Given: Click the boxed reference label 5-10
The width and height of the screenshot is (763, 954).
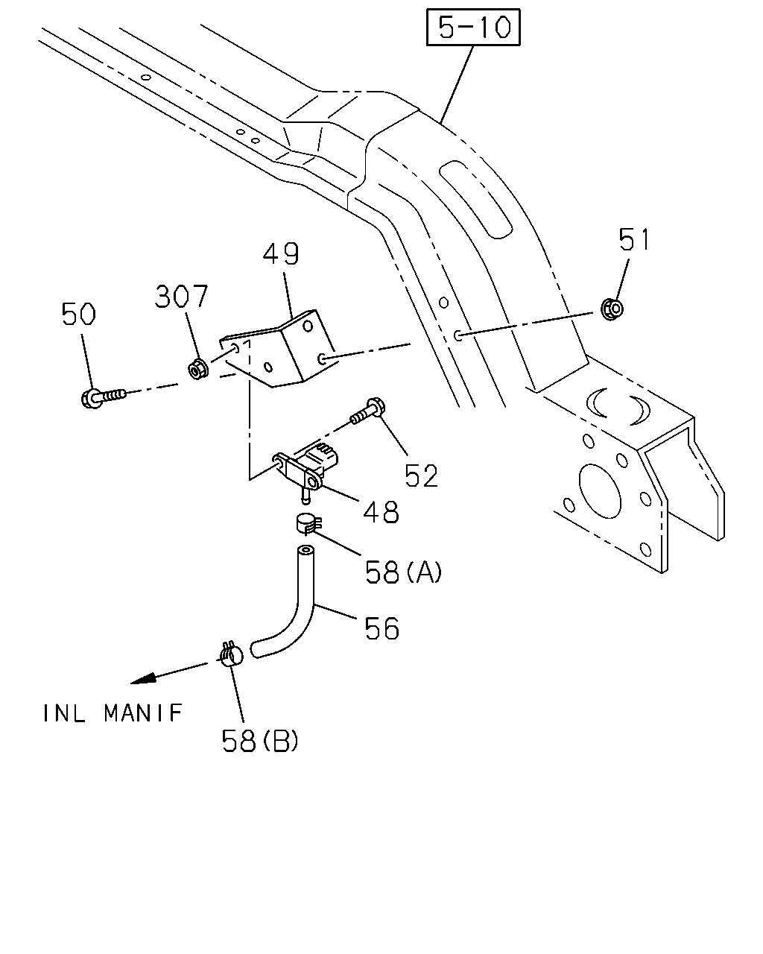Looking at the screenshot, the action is point(473,27).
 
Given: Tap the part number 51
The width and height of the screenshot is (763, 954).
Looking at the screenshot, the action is point(634,239).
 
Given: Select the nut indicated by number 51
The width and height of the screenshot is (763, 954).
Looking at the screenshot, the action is point(612,309).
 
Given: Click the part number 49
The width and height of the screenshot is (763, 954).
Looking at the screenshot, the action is point(281,253).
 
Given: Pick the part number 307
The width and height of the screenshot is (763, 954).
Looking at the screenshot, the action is point(181,296).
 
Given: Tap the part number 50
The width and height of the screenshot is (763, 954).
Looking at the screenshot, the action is point(78,314).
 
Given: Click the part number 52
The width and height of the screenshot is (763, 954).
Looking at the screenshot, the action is point(421,476).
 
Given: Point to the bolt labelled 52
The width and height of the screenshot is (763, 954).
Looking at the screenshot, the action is point(368,411).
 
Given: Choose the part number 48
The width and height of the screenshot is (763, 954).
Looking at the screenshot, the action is point(381,511).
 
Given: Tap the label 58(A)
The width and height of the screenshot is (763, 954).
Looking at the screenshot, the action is point(403,572).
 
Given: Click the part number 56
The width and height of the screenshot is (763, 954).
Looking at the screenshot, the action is point(381,628).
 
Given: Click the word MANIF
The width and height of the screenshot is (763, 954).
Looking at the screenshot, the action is point(143,713).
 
